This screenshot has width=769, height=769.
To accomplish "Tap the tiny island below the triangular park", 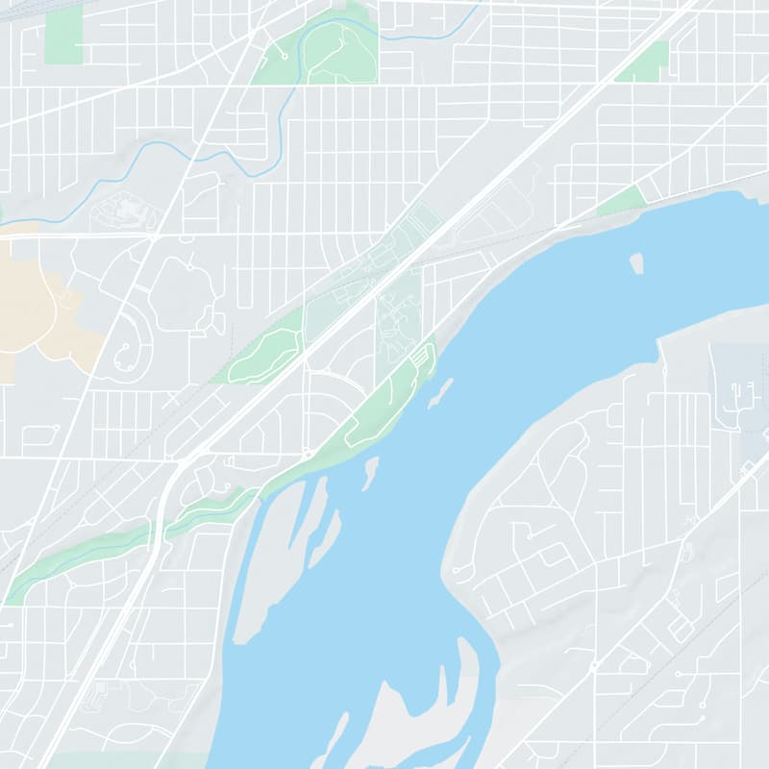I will pos(636,261).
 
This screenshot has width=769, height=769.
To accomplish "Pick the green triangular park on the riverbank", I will pos(622,201).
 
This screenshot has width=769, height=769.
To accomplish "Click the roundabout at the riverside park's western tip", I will pos(307,453).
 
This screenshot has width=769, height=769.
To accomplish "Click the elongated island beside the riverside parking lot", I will pos(440,391).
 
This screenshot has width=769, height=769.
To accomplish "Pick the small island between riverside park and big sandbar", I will pos(369,472).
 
